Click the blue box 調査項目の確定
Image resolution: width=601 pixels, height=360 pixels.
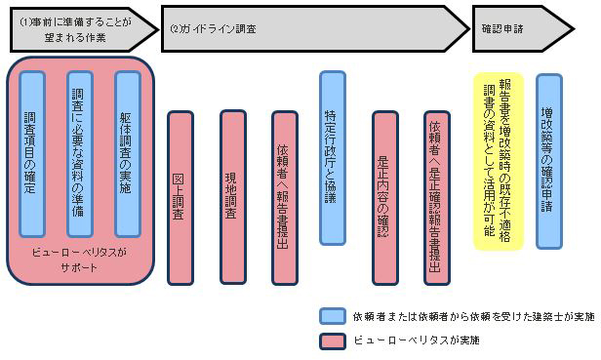click(31, 151)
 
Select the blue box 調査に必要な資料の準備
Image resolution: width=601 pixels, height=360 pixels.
click(79, 151)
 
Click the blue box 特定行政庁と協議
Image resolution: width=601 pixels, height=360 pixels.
click(332, 157)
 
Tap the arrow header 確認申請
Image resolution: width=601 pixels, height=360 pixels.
click(527, 29)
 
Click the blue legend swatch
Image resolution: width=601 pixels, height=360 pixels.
click(331, 315)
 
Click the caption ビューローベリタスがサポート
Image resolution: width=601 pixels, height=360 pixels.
click(80, 258)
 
